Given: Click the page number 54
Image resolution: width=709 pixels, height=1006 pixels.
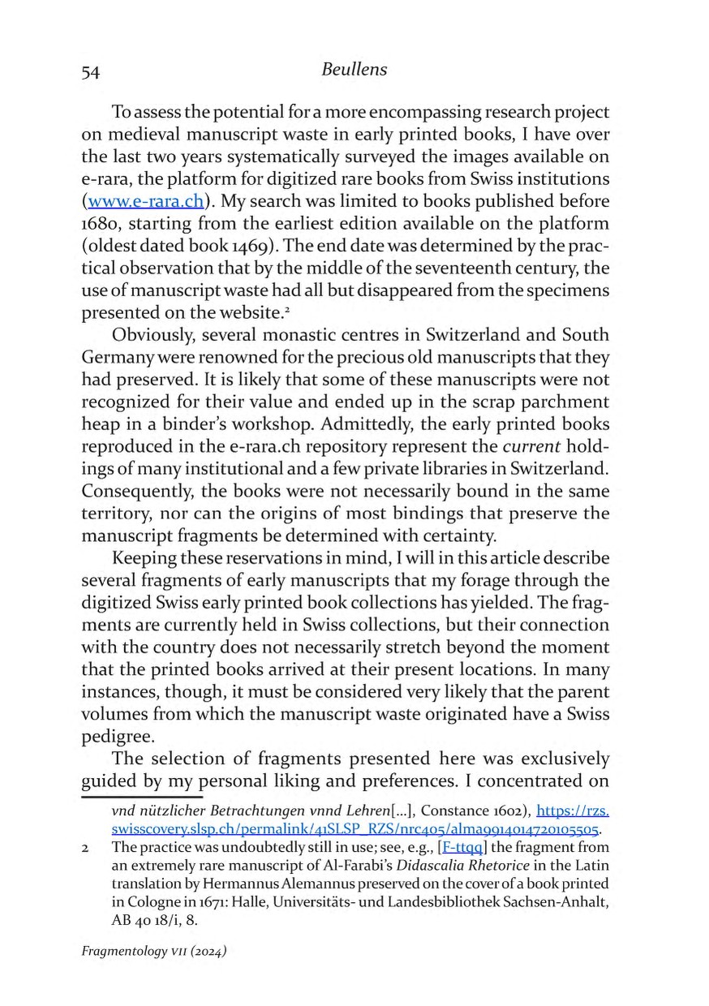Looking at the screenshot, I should [x=90, y=72].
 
